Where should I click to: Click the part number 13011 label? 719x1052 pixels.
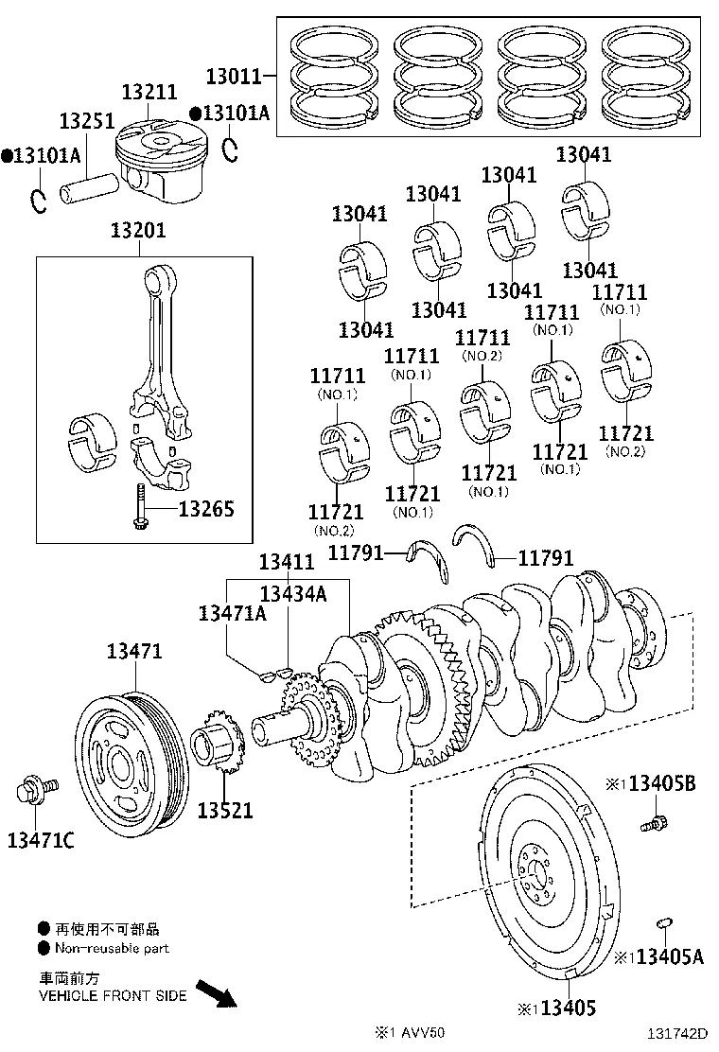(x=231, y=74)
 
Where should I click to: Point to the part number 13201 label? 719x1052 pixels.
(x=137, y=230)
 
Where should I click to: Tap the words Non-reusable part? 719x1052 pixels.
(x=112, y=948)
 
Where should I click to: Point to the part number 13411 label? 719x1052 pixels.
(x=287, y=563)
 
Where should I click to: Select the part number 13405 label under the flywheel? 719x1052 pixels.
(x=565, y=1008)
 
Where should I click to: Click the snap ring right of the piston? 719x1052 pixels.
(x=229, y=149)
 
